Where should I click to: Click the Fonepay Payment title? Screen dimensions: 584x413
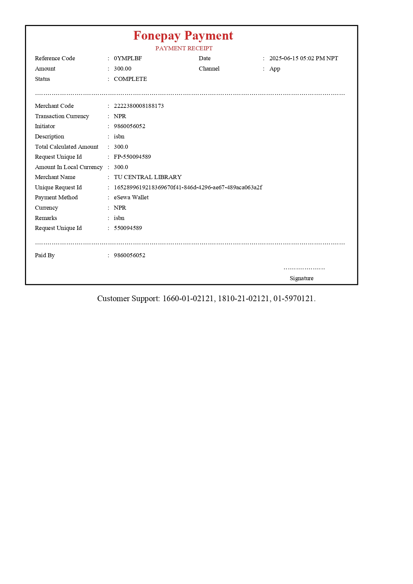point(183,36)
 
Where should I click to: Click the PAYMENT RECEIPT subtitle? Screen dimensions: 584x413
point(184,48)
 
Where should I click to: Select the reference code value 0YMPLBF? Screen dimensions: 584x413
point(128,58)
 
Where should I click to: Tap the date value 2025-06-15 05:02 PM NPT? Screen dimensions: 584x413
point(303,58)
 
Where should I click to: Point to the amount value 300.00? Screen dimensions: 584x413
point(123,69)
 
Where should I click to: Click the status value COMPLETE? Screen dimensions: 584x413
point(130,79)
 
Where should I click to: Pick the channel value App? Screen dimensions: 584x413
point(275,69)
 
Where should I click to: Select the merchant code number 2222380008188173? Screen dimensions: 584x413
point(139,106)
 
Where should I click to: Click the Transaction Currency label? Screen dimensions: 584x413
point(62,116)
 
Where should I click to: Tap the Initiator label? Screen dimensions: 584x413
point(45,126)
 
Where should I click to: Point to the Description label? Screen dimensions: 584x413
point(49,136)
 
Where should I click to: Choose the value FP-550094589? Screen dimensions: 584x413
point(132,157)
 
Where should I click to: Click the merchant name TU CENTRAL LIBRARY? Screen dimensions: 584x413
point(148,177)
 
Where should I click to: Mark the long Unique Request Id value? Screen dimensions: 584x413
point(188,187)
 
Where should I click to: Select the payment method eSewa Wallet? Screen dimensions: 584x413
point(131,197)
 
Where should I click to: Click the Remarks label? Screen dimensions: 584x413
point(46,218)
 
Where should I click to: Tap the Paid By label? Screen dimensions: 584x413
point(45,255)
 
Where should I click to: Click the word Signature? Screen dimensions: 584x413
point(301,278)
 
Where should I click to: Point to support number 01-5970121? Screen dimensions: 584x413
point(293,298)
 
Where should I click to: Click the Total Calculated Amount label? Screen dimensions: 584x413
point(67,147)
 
